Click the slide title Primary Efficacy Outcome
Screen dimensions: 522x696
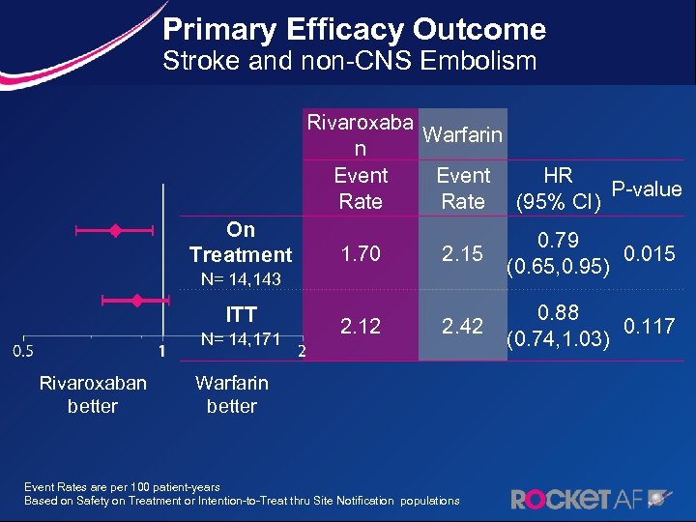pos(354,29)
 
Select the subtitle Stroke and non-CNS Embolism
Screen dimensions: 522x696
pos(349,63)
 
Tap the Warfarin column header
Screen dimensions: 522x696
pos(462,134)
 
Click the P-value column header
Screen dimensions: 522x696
pos(646,189)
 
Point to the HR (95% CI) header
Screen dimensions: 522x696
pos(558,188)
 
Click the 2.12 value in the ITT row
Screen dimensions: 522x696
pos(360,327)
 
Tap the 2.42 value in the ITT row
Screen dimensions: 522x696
pos(462,327)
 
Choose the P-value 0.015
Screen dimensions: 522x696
pos(650,254)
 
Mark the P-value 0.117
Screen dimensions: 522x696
pos(650,327)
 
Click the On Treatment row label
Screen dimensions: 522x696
pos(240,242)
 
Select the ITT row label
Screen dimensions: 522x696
pos(240,314)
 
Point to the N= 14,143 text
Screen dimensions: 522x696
pos(240,279)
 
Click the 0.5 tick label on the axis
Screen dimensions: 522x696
pos(23,349)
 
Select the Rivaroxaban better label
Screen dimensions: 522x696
pos(93,393)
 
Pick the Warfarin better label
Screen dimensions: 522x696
pos(232,393)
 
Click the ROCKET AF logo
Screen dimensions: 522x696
pos(589,499)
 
